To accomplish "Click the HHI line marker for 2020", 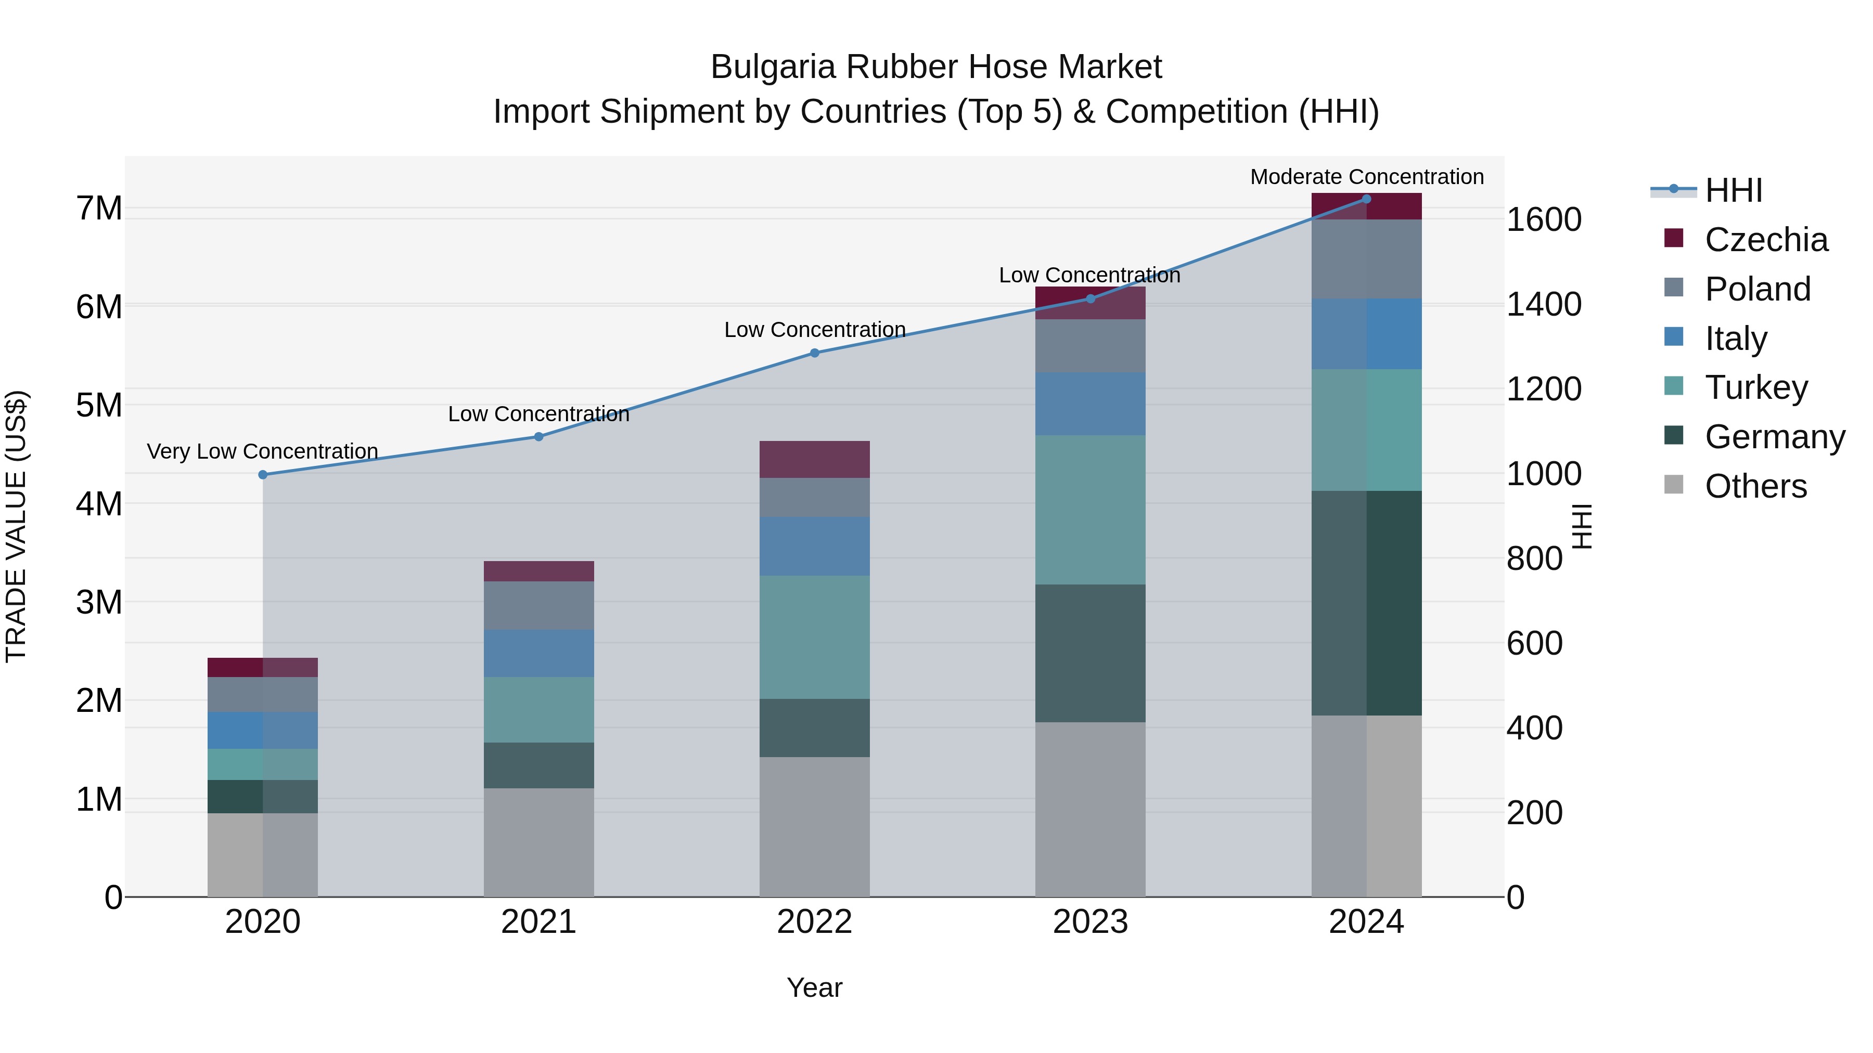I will [263, 475].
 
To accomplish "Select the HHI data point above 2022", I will [814, 353].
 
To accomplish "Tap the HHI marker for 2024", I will [1366, 199].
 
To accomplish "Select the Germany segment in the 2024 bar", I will [1366, 603].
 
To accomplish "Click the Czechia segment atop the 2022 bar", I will [814, 459].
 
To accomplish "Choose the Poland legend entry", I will [1756, 289].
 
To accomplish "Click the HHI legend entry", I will [1734, 190].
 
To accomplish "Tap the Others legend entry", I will [1755, 486].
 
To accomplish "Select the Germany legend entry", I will [1774, 437].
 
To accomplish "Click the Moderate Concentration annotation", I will [1366, 177].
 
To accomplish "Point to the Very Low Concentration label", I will [263, 451].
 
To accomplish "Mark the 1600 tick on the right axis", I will [1544, 219].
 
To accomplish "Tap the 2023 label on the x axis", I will [1090, 922].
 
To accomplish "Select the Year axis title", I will [814, 987].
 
